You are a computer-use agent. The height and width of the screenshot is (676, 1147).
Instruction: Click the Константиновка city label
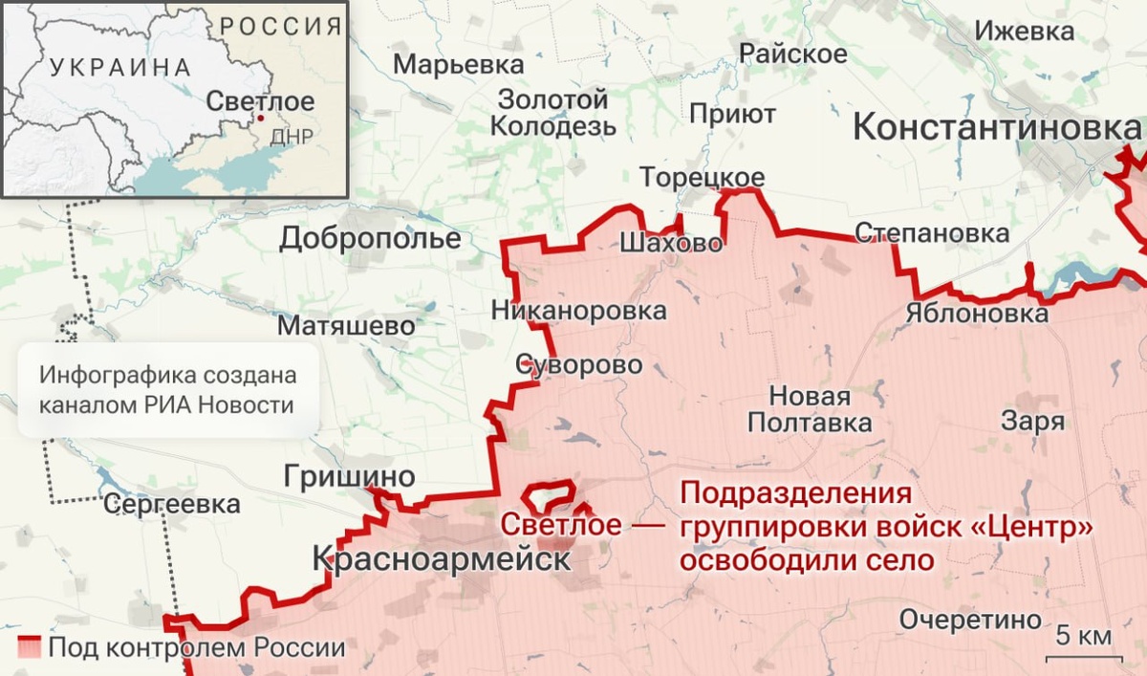pyautogui.click(x=997, y=127)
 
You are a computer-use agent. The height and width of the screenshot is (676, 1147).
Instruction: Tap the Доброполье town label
pyautogui.click(x=370, y=239)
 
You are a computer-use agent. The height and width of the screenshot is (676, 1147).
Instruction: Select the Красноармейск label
pyautogui.click(x=442, y=559)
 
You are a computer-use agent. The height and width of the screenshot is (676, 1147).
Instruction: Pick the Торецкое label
pyautogui.click(x=702, y=178)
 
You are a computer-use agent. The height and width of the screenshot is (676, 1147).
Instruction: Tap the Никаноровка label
pyautogui.click(x=579, y=311)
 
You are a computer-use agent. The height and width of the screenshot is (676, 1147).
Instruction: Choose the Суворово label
pyautogui.click(x=579, y=364)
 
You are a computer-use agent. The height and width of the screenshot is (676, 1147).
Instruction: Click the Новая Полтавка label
pyautogui.click(x=810, y=409)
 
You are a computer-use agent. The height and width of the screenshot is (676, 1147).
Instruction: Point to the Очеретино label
pyautogui.click(x=969, y=619)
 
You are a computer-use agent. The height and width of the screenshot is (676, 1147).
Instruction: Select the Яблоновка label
pyautogui.click(x=976, y=314)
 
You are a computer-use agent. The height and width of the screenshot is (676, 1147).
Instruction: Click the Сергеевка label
pyautogui.click(x=172, y=504)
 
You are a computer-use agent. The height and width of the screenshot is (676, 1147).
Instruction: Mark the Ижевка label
pyautogui.click(x=1024, y=32)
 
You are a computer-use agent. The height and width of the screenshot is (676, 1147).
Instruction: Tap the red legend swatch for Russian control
pyautogui.click(x=30, y=647)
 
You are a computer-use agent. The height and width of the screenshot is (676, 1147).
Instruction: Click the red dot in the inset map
pyautogui.click(x=260, y=119)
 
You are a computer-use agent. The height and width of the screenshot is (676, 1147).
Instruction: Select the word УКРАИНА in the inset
pyautogui.click(x=119, y=67)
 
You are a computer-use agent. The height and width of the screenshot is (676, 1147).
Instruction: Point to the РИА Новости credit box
pyautogui.click(x=166, y=390)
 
